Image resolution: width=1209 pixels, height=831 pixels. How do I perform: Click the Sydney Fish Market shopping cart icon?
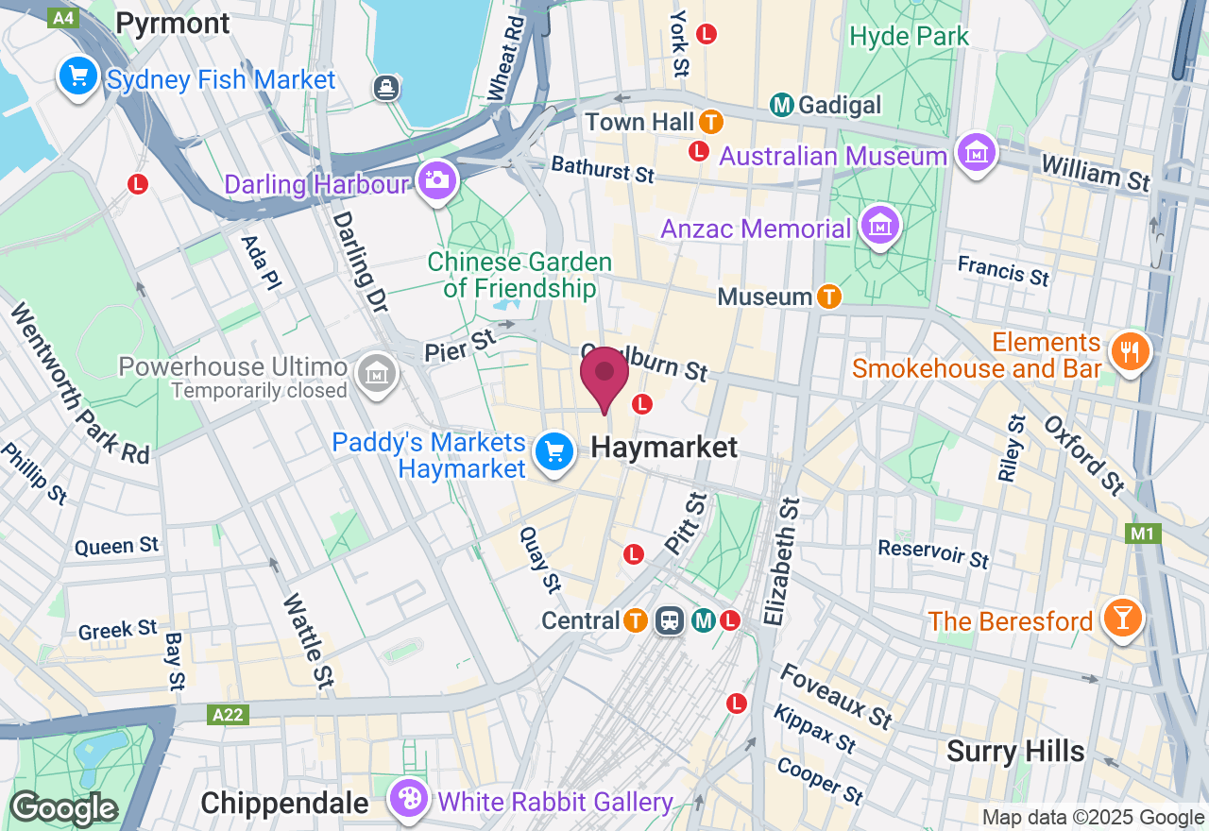77,76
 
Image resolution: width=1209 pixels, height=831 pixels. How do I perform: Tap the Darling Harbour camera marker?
435,179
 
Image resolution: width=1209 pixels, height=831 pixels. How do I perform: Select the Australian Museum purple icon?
977,152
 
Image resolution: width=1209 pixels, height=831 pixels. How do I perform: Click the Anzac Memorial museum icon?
879,226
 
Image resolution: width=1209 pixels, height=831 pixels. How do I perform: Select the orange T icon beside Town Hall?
711,122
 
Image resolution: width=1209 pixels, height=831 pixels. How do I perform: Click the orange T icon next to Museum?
828,297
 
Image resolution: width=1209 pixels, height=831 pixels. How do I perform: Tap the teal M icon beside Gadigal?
781,104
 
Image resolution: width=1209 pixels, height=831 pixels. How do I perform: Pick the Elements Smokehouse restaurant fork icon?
1128,351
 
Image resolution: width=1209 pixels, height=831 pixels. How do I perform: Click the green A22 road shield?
228,715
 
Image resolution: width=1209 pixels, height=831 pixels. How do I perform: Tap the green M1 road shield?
1142,534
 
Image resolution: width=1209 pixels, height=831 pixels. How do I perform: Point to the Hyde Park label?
909,37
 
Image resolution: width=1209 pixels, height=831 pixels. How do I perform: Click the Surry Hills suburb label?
1015,752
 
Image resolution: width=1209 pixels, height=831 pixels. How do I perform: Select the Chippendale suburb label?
284,804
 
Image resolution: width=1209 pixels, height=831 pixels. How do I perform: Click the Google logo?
62,809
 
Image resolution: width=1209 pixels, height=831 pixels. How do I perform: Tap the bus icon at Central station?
670,620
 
